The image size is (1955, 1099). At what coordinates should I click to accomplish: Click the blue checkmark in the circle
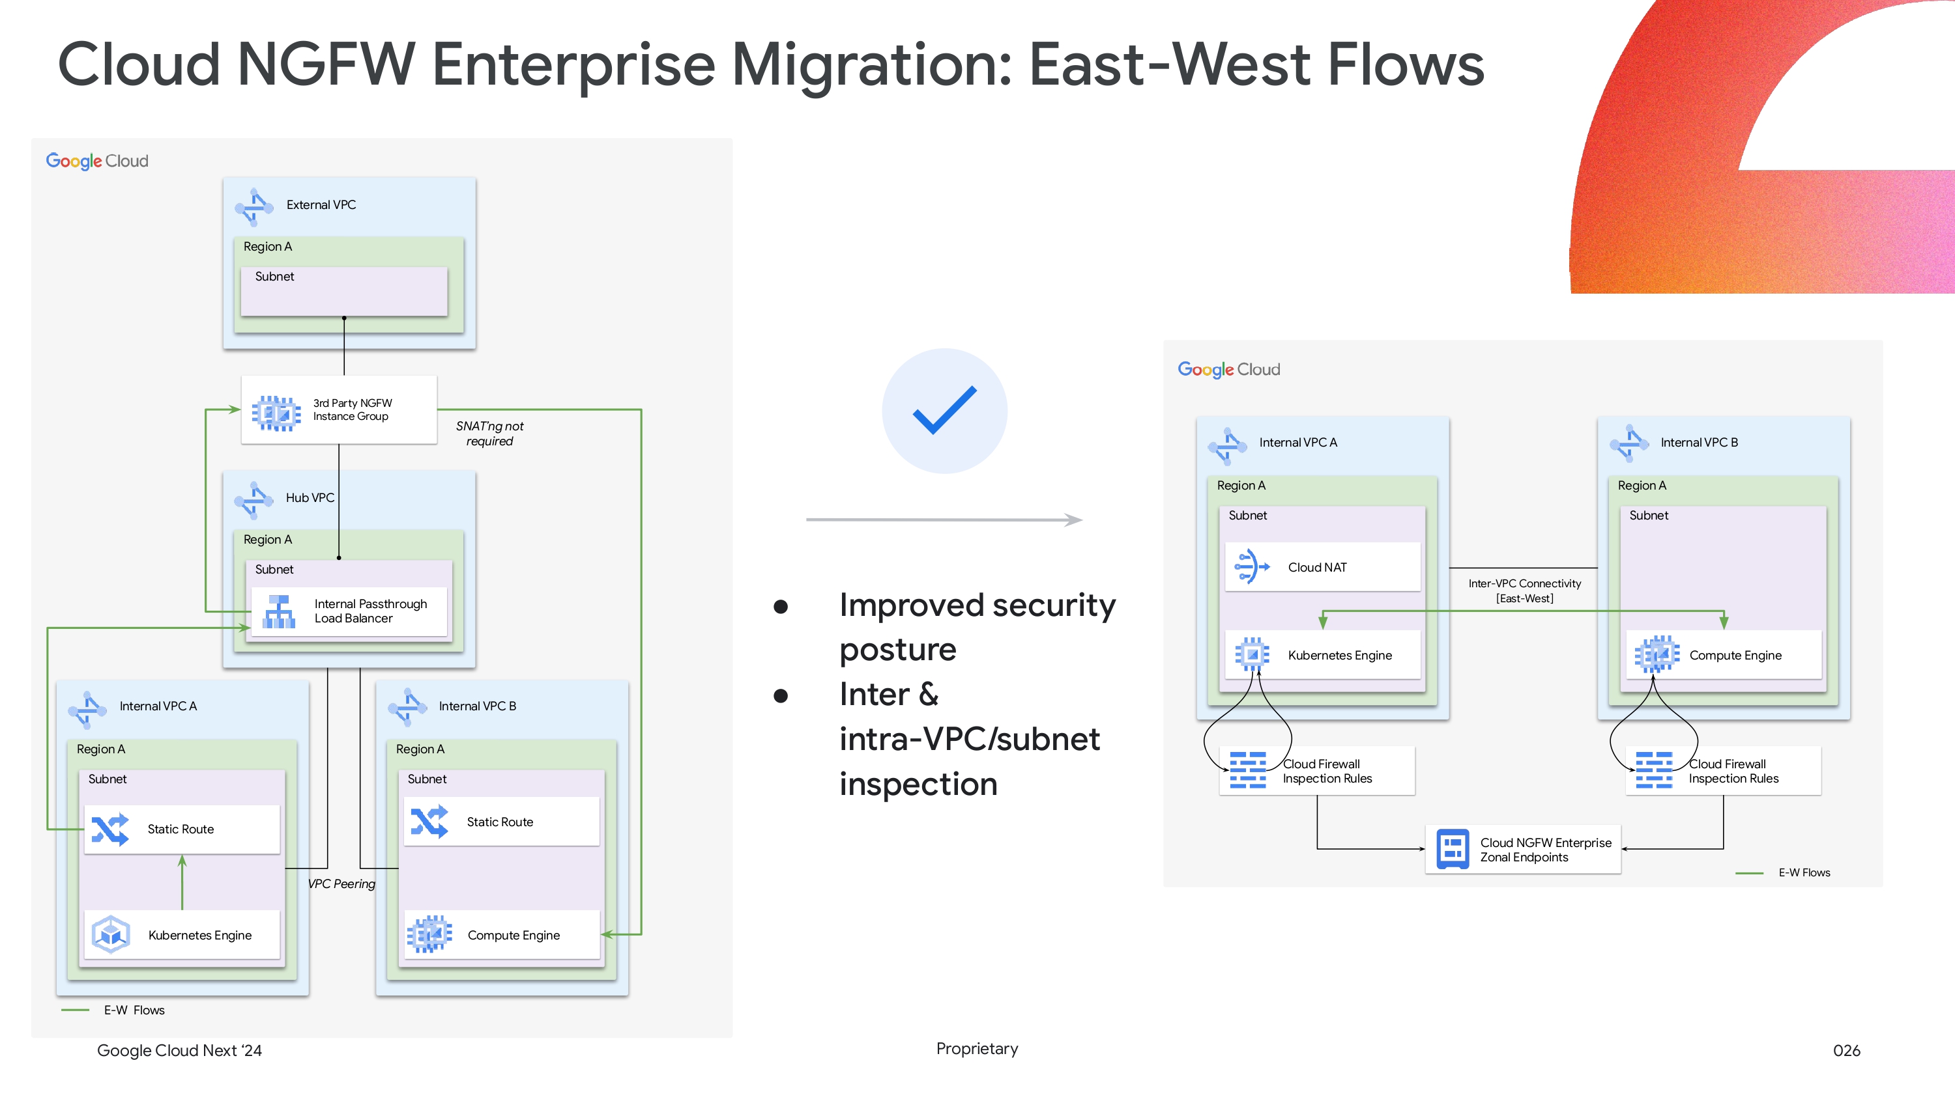click(944, 410)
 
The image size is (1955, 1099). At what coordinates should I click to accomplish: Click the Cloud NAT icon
click(1251, 566)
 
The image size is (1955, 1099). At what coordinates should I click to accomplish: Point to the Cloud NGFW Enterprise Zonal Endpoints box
click(1522, 850)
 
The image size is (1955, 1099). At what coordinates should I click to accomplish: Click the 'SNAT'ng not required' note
click(489, 433)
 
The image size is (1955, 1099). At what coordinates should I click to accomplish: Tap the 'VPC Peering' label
click(341, 883)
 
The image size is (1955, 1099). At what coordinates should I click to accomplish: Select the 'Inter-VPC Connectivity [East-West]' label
click(1524, 590)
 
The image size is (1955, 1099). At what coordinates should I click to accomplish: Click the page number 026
click(1846, 1050)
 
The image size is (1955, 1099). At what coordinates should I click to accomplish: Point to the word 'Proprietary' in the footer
click(977, 1048)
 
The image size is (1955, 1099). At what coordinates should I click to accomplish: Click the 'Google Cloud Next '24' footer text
click(179, 1050)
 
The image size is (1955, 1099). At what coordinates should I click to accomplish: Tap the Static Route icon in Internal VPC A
click(110, 829)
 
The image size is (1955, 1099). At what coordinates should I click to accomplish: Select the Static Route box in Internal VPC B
click(501, 822)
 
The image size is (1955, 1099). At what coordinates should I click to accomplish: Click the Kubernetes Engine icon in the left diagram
click(111, 934)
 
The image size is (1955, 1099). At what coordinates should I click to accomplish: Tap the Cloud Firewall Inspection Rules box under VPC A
click(1317, 772)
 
